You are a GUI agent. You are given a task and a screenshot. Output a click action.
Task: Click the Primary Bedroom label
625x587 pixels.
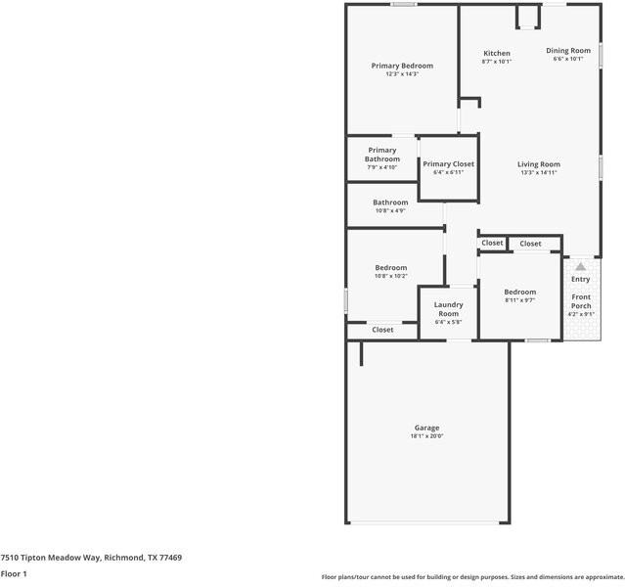tap(402, 66)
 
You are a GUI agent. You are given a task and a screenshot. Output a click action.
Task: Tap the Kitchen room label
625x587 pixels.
tap(497, 53)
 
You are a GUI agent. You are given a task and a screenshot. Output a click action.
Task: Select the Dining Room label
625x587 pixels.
tap(568, 51)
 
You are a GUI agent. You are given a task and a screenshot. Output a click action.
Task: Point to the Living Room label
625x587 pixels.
tap(538, 164)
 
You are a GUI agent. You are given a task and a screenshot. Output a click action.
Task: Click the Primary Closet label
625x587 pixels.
tap(448, 164)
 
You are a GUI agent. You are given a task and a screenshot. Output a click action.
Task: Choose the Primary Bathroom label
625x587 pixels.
tap(382, 155)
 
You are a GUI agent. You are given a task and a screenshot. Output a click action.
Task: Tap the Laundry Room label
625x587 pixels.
tap(448, 308)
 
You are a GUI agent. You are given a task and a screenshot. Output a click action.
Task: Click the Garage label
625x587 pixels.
tap(426, 428)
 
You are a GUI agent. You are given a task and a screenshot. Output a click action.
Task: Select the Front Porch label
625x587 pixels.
tap(581, 301)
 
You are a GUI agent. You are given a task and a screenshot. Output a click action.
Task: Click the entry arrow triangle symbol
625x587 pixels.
tap(581, 266)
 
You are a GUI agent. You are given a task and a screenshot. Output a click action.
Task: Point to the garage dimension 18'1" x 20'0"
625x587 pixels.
tap(426, 436)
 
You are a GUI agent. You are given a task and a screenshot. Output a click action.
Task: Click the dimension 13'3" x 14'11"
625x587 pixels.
tap(538, 173)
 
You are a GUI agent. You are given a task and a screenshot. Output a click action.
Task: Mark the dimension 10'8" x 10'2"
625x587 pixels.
tap(390, 276)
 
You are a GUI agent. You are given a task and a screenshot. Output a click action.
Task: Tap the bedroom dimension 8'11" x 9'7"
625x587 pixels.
tap(519, 300)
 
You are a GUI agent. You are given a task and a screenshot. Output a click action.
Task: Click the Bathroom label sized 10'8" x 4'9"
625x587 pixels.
tap(389, 203)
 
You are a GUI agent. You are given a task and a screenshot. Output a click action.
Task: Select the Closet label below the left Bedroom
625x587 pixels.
tap(382, 330)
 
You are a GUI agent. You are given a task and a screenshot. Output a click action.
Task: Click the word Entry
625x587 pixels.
tap(581, 280)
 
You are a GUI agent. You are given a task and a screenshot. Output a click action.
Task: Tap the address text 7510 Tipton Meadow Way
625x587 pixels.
tap(49, 557)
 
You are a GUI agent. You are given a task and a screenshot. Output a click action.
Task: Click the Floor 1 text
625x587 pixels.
tap(14, 573)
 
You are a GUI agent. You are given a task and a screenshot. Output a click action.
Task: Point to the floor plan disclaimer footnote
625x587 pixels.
tap(472, 577)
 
